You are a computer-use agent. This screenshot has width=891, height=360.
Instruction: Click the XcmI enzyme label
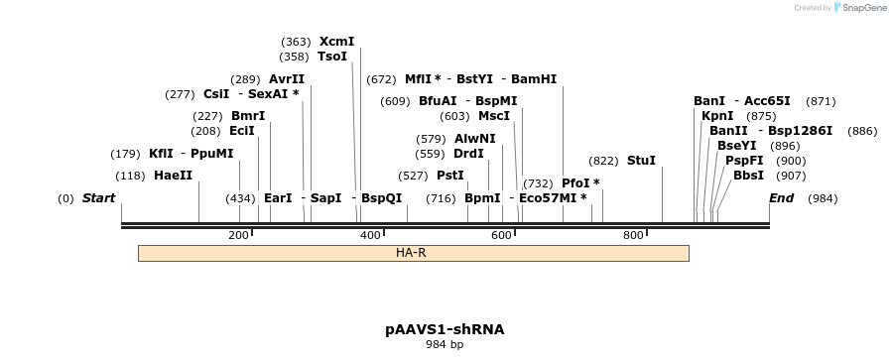(x=336, y=42)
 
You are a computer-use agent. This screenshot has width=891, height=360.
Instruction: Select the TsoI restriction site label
(x=332, y=57)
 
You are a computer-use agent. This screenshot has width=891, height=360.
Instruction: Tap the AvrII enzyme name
(x=287, y=79)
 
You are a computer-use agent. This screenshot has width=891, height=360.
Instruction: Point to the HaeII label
(x=173, y=176)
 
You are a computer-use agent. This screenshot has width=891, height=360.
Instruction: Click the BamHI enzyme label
(x=534, y=79)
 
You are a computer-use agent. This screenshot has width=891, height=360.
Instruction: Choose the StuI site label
(x=641, y=161)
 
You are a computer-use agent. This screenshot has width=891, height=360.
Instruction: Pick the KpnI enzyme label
(x=717, y=116)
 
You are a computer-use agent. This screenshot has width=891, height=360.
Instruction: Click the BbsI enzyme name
(x=748, y=176)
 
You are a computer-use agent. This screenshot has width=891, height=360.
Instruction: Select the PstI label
(x=450, y=176)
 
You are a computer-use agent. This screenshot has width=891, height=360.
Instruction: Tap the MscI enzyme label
(x=494, y=116)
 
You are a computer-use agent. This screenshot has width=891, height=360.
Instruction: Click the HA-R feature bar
(x=413, y=254)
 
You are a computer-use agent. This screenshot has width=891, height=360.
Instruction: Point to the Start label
(x=98, y=198)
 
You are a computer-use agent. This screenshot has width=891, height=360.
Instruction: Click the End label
(x=782, y=198)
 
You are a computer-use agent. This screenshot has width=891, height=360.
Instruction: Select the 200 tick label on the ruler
(x=238, y=235)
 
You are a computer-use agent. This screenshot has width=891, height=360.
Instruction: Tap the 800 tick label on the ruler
(x=633, y=235)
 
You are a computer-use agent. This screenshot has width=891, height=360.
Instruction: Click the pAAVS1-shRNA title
(x=445, y=328)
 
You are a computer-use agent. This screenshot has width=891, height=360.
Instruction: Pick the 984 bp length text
(x=445, y=345)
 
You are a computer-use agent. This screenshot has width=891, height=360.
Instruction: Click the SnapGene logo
(x=859, y=8)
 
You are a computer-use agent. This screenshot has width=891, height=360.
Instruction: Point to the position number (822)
(x=603, y=161)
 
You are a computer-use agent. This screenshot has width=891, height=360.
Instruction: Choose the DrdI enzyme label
(x=468, y=154)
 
